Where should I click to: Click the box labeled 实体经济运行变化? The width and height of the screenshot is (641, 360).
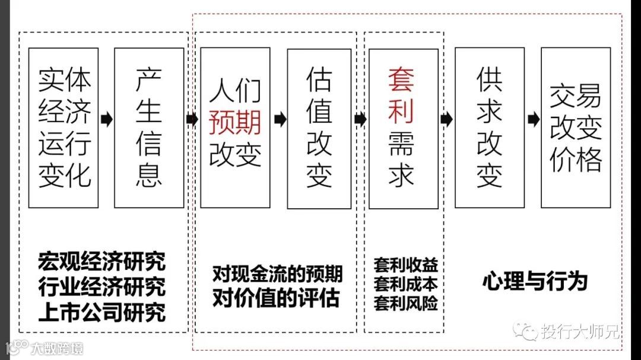pyautogui.click(x=64, y=128)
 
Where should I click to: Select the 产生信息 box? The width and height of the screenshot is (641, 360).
pyautogui.click(x=149, y=128)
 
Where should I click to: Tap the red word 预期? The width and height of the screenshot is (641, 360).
pyautogui.click(x=235, y=123)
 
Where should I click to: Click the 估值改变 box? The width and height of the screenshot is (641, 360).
pyautogui.click(x=319, y=128)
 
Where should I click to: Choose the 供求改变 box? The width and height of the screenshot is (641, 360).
pyautogui.click(x=489, y=128)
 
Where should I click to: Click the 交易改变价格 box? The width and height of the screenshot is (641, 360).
pyautogui.click(x=576, y=128)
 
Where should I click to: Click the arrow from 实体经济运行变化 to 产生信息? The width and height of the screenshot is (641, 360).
pyautogui.click(x=106, y=119)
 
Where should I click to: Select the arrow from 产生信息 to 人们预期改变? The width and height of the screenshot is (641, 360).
pyautogui.click(x=192, y=119)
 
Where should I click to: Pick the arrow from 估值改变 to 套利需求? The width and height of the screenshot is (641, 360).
pyautogui.click(x=360, y=119)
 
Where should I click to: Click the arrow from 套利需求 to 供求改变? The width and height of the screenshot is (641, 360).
pyautogui.click(x=446, y=119)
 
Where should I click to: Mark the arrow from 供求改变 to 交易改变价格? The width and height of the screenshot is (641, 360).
pyautogui.click(x=533, y=119)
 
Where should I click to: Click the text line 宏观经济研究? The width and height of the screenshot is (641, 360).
pyautogui.click(x=101, y=262)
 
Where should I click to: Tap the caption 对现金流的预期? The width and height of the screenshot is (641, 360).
pyautogui.click(x=277, y=274)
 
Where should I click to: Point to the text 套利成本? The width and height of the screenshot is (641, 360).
pyautogui.click(x=405, y=283)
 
